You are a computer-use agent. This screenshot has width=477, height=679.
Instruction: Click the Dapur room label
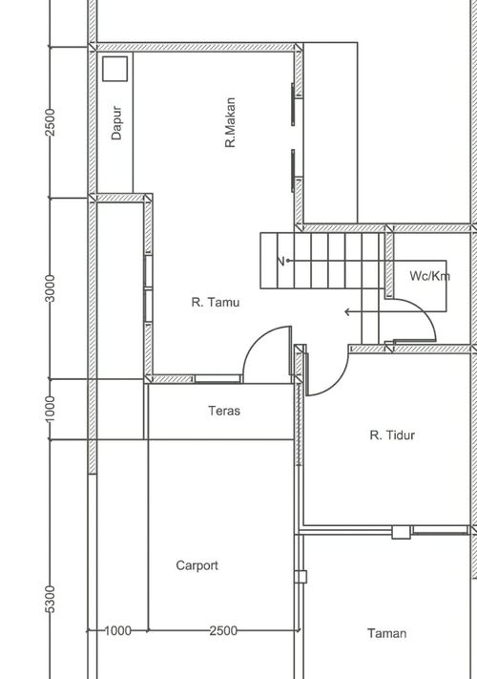click(x=116, y=122)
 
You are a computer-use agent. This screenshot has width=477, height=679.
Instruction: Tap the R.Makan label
click(x=231, y=122)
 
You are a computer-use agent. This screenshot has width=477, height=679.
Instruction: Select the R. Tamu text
click(x=216, y=302)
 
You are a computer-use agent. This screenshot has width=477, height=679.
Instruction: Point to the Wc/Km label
click(x=429, y=276)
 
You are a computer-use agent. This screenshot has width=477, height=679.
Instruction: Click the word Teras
click(x=224, y=411)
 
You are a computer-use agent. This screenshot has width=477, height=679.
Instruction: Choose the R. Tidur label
click(x=392, y=435)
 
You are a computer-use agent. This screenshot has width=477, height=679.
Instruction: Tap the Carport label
click(x=197, y=565)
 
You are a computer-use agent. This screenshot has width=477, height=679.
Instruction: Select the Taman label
click(x=387, y=633)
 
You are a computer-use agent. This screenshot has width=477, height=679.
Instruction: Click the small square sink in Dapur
click(x=115, y=69)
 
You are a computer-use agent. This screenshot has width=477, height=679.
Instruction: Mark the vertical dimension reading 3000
click(x=51, y=288)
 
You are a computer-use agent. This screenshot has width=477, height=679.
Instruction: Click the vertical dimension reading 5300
click(x=51, y=600)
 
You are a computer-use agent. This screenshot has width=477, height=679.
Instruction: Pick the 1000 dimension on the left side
click(x=51, y=410)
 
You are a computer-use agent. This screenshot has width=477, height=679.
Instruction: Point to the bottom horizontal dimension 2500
click(x=223, y=630)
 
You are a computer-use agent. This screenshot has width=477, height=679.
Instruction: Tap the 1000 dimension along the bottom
click(x=117, y=630)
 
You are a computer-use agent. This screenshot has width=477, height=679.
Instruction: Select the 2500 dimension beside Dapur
click(x=51, y=122)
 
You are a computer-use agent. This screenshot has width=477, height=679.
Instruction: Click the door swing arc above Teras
click(x=260, y=341)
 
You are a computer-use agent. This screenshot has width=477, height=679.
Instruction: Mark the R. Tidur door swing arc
click(x=336, y=383)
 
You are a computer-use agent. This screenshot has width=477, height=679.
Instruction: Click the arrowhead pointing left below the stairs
click(x=347, y=311)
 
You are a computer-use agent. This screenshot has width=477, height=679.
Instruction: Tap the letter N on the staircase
click(x=280, y=261)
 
